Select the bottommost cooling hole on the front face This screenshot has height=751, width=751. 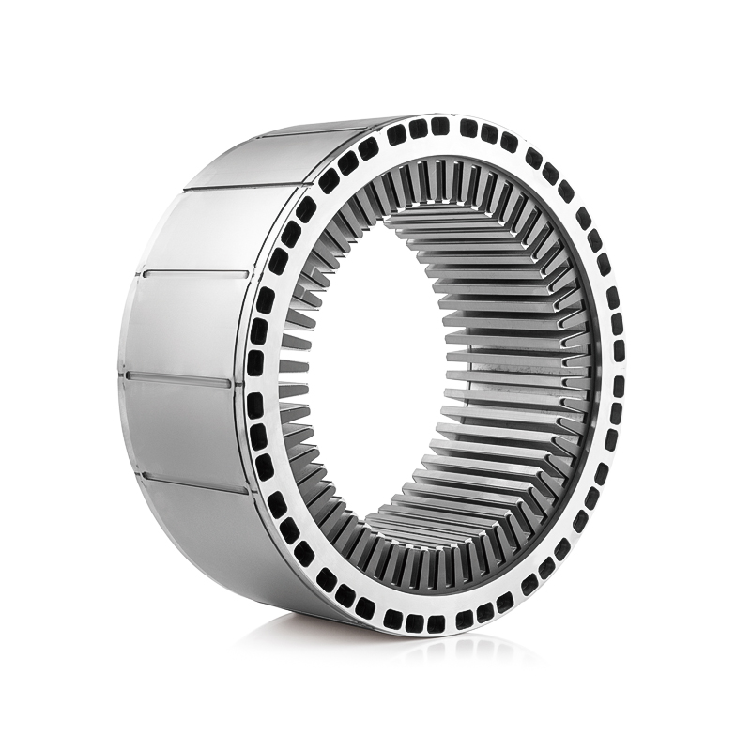[x=435, y=623]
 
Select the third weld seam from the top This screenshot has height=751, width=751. [x=188, y=274]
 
